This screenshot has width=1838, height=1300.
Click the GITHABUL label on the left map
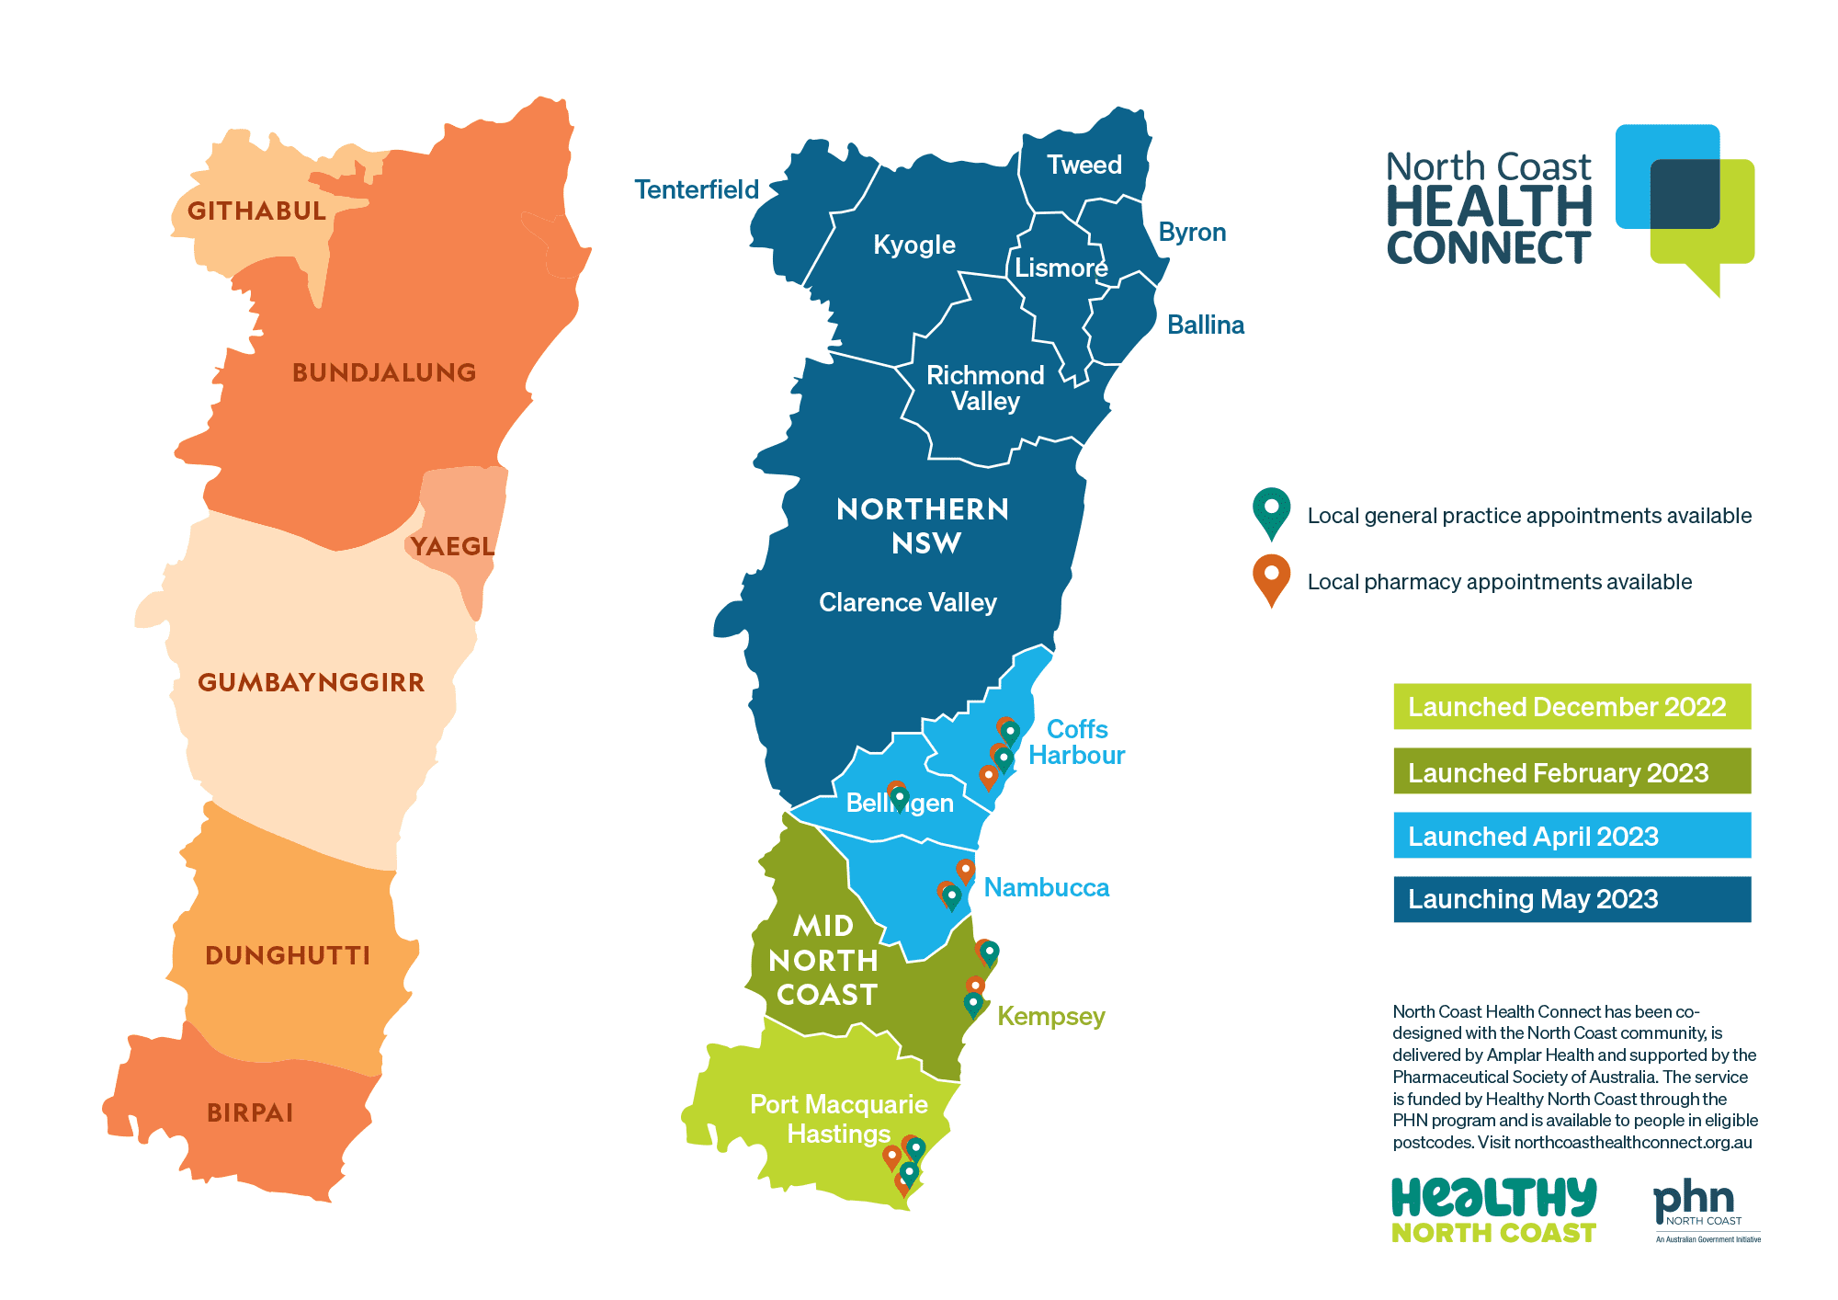256,211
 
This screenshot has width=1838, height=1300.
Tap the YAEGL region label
452,546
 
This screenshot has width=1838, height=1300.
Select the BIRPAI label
250,1112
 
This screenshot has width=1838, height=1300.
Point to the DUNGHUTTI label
288,955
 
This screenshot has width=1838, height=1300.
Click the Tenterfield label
697,189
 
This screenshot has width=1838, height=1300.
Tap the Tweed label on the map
1084,165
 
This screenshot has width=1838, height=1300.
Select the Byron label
1192,232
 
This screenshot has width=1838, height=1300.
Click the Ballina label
1205,325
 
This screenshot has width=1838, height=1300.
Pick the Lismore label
1061,268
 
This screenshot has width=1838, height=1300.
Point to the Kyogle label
913,245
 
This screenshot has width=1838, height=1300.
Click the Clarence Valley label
907,602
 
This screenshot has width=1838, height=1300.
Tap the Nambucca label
1046,887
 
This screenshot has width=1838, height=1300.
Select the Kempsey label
1050,1016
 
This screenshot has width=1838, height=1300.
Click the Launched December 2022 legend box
1571,706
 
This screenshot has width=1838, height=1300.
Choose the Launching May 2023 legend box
1571,899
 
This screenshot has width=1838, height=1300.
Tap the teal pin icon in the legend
1271,511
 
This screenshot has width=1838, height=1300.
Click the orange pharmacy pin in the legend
1271,578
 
